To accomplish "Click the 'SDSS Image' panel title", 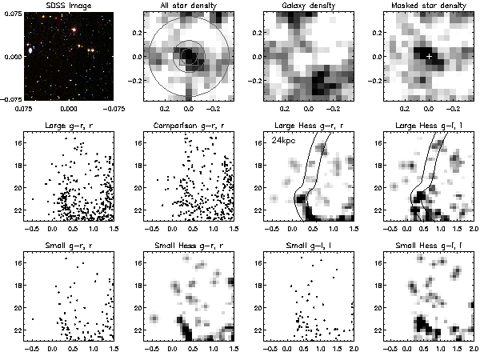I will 68,6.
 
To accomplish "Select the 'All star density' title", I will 189,6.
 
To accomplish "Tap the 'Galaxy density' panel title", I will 308,6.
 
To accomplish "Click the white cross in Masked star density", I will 430,57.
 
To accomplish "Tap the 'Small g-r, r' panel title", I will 68,243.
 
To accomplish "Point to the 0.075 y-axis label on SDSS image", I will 11,13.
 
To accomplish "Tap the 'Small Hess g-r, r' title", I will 189,243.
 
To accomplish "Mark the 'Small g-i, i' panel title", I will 308,243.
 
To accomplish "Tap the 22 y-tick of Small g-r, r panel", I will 17,329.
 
